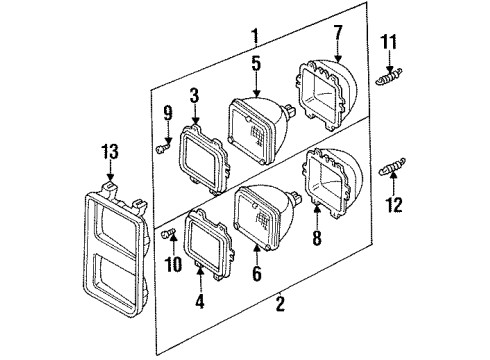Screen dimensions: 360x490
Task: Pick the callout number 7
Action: [337, 37]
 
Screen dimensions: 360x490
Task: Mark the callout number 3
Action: [196, 96]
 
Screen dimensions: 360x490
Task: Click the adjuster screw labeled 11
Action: [389, 74]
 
